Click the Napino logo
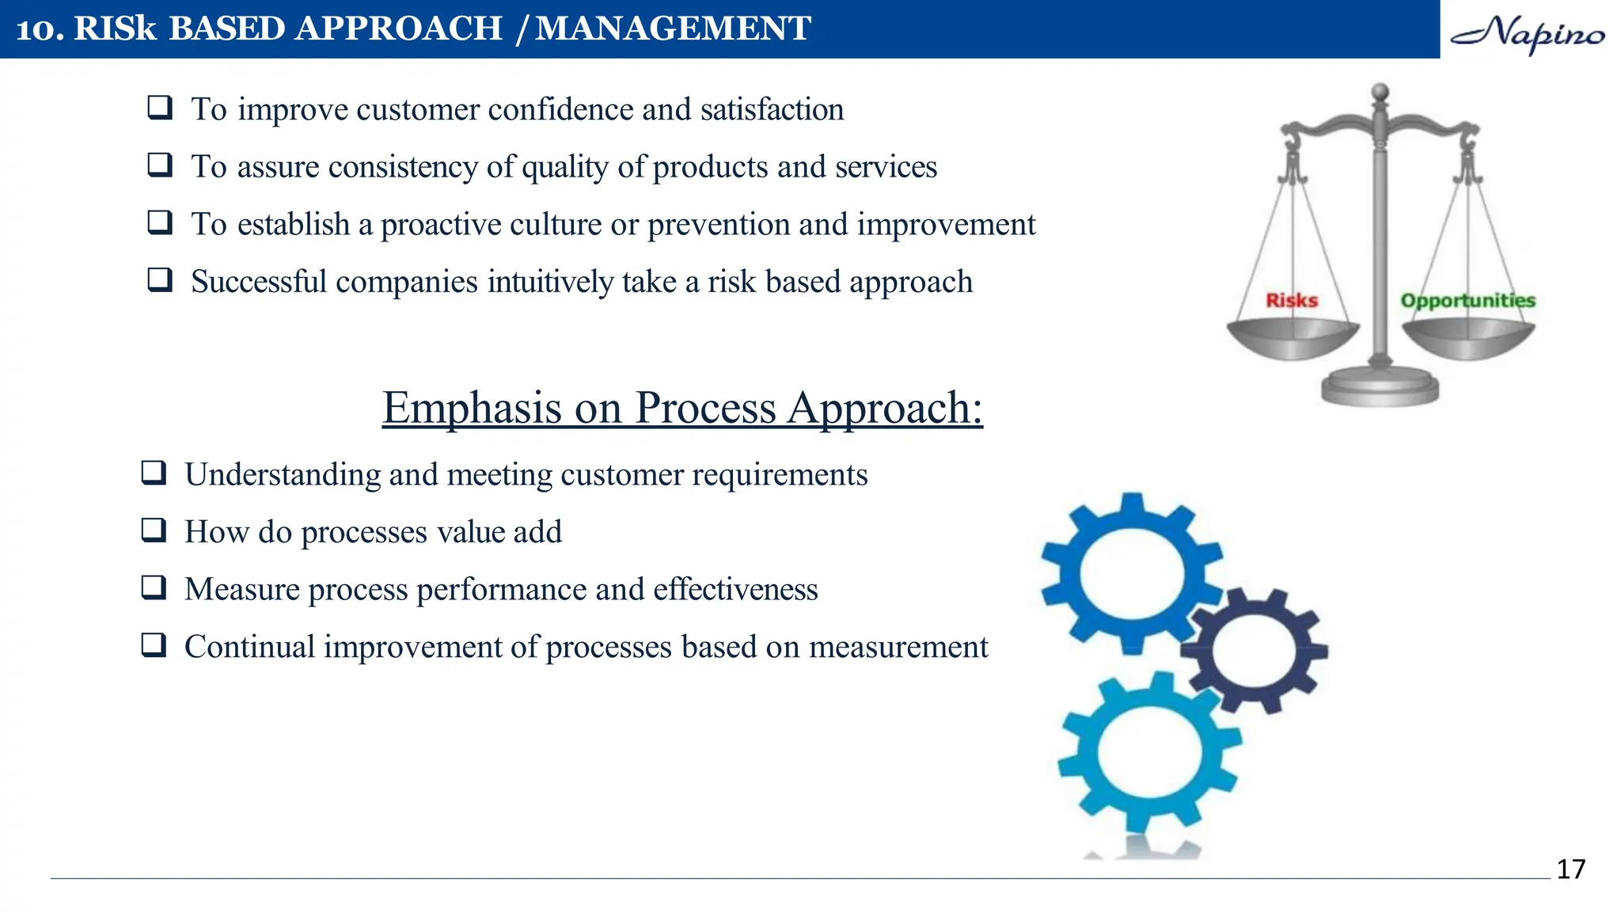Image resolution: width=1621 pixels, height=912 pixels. (1527, 34)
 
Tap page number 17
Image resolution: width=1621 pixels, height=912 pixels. (1570, 869)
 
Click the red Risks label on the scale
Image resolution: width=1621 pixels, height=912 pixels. (1291, 300)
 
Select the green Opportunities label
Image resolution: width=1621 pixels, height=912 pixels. (1467, 301)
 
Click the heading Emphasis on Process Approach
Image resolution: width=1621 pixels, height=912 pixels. (682, 408)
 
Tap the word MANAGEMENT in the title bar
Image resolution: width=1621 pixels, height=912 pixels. (674, 28)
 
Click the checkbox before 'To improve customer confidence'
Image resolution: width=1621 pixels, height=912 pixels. (160, 108)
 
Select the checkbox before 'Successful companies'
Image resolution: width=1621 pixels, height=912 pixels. (160, 280)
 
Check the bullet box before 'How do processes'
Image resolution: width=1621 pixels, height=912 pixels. (154, 530)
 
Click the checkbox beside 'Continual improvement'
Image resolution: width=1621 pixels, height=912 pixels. (154, 645)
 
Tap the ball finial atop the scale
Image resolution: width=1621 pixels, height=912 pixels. (1380, 92)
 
